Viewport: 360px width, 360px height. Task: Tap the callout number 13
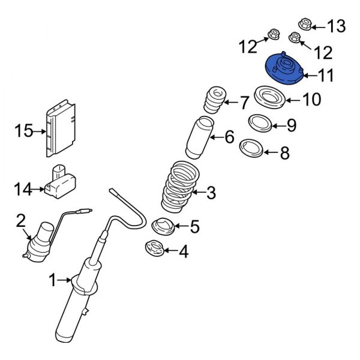coord(337,25)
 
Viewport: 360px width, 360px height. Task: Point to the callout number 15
coord(24,130)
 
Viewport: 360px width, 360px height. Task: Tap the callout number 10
coord(311,99)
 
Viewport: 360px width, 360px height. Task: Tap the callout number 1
coord(52,280)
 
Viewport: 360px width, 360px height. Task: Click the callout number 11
coord(325,75)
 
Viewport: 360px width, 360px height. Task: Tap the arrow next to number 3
coord(199,193)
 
